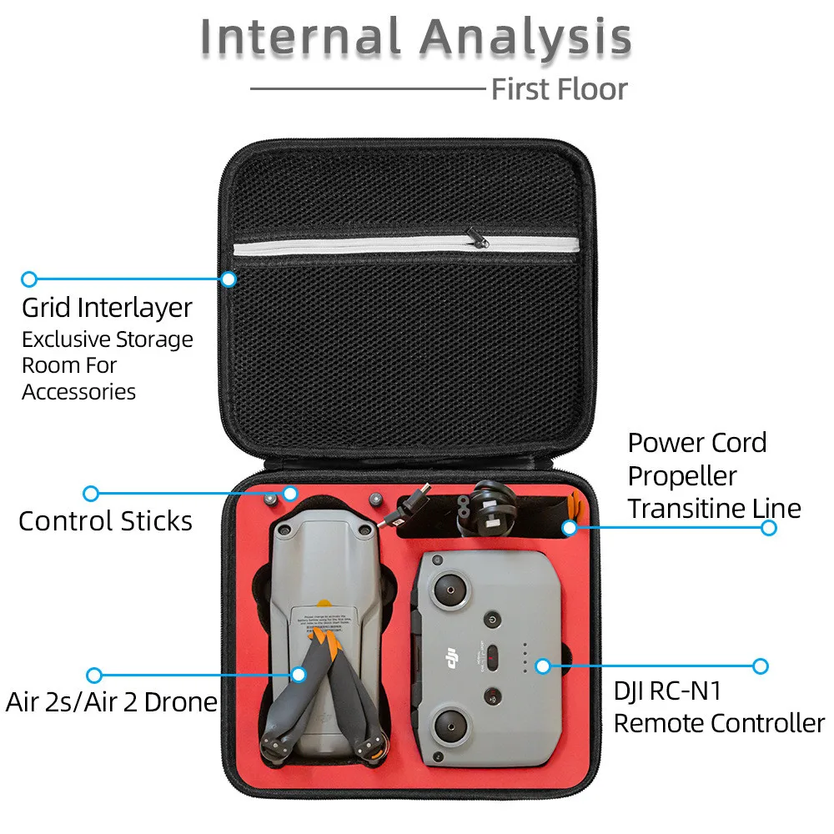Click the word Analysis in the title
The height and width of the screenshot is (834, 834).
(525, 38)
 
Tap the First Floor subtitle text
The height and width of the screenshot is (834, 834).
(559, 88)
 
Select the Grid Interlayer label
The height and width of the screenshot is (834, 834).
(107, 308)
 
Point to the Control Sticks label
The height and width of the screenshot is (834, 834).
(105, 521)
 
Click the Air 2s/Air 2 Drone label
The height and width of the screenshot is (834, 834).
(111, 701)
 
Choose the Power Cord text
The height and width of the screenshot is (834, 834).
(696, 442)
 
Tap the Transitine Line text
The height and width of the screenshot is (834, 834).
(714, 508)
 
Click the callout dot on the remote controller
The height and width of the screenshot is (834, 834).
(543, 666)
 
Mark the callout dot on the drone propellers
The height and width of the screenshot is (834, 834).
(299, 674)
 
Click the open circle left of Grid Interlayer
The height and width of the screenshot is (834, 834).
(29, 279)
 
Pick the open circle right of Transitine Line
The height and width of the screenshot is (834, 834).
(769, 528)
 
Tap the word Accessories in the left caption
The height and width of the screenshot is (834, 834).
(78, 391)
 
